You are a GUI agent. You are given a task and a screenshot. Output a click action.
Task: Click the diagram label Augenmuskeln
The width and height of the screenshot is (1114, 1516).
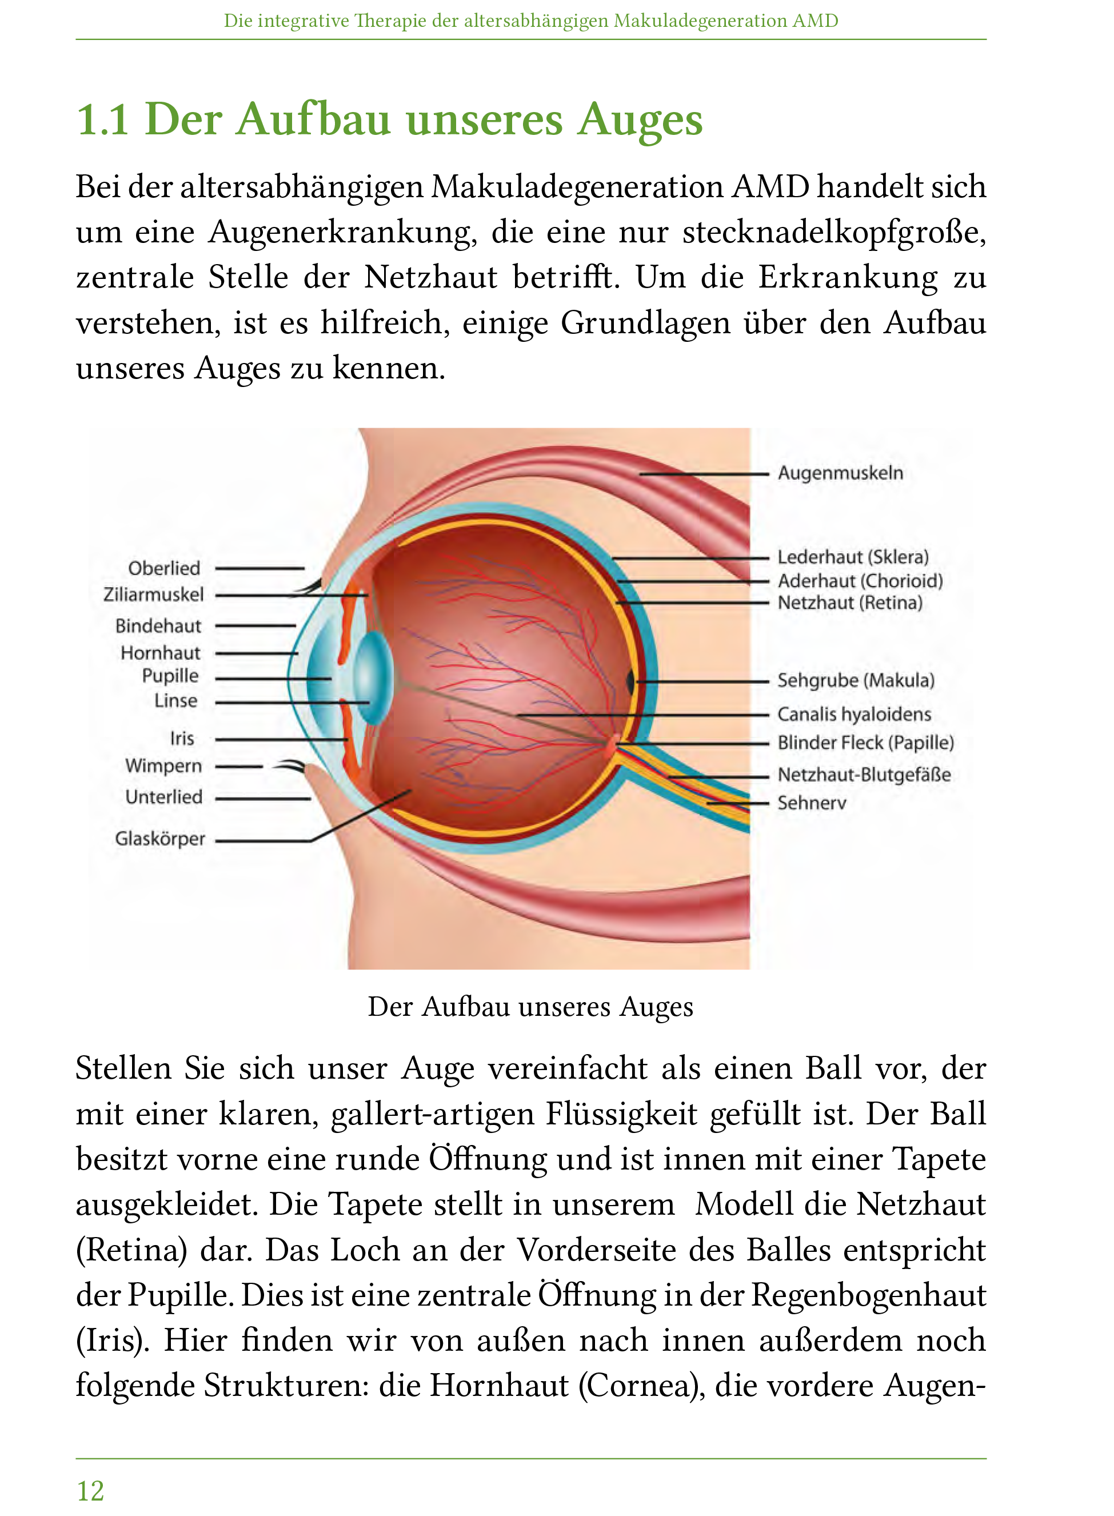tap(840, 473)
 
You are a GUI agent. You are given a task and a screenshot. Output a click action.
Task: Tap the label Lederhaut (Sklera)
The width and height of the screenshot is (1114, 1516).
tap(852, 557)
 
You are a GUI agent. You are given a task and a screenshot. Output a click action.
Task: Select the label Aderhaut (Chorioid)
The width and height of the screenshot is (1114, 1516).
tap(860, 581)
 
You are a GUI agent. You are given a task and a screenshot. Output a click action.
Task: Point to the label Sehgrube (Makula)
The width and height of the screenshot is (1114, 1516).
tap(855, 680)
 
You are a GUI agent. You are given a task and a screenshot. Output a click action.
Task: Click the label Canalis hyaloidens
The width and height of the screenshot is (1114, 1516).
tap(854, 714)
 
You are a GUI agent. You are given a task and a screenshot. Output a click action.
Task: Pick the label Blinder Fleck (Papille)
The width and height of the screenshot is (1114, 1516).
tap(865, 743)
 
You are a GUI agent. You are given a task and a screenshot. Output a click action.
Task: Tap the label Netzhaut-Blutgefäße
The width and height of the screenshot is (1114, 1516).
tap(864, 775)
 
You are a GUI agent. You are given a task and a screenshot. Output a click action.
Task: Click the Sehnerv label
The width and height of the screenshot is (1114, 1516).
tap(811, 803)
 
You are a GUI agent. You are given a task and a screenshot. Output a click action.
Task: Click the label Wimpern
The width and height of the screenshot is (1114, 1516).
tap(163, 766)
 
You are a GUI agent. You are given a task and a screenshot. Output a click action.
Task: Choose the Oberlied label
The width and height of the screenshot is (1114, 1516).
tap(164, 568)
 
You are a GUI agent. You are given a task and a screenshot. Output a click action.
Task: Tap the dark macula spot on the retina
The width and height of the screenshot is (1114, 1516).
tap(630, 682)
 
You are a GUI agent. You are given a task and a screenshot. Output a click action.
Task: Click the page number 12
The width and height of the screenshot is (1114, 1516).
tap(90, 1490)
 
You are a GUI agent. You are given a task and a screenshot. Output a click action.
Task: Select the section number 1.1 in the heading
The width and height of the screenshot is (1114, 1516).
tap(102, 120)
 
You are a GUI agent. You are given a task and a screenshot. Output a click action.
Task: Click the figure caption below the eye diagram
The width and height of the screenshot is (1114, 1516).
tap(530, 1007)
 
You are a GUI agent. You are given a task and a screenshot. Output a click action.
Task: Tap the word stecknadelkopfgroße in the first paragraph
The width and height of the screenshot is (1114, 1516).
tap(833, 232)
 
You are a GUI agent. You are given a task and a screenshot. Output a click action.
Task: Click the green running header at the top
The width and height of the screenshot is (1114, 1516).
tap(530, 21)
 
